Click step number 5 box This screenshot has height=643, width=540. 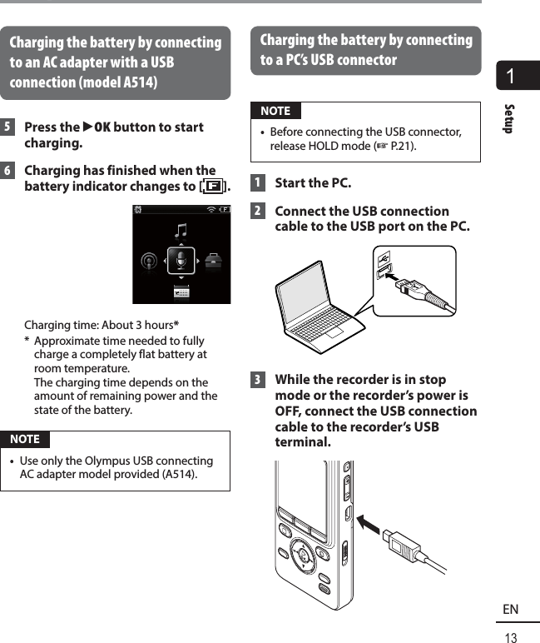point(7,127)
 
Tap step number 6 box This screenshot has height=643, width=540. point(7,171)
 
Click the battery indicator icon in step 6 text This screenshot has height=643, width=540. point(213,186)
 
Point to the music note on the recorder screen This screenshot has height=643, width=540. point(181,229)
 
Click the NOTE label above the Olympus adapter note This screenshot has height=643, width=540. point(25,439)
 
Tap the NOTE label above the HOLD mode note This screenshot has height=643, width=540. point(275,111)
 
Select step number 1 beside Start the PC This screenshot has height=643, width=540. point(258,183)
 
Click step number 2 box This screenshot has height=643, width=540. point(258,212)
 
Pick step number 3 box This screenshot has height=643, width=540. point(258,381)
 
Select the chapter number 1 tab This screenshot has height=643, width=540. point(518,77)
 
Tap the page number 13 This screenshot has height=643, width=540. point(511,637)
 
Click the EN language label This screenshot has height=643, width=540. point(511,611)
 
